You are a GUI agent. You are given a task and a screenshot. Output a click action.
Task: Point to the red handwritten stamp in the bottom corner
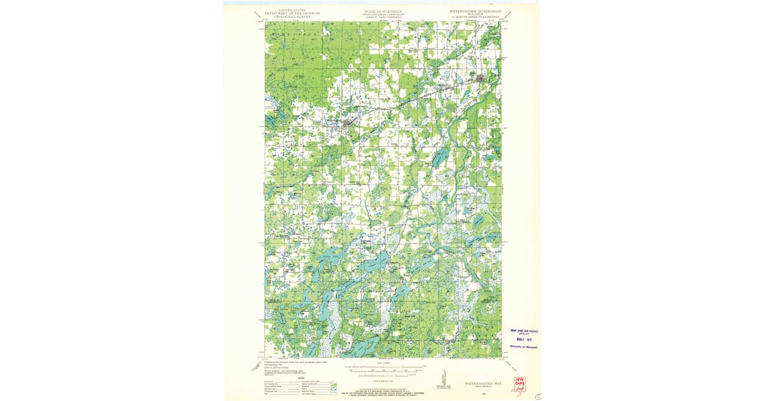(x=520, y=384)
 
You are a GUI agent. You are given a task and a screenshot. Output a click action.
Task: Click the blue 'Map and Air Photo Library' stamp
(x=525, y=332)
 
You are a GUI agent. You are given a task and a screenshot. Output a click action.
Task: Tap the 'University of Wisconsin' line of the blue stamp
(x=524, y=348)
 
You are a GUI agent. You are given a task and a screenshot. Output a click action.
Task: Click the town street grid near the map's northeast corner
(x=482, y=80)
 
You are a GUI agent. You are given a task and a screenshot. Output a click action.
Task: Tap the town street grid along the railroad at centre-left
(x=347, y=124)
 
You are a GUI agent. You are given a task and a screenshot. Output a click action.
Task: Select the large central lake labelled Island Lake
(x=376, y=261)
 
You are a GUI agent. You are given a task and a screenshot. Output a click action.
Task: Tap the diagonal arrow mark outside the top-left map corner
(x=257, y=13)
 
